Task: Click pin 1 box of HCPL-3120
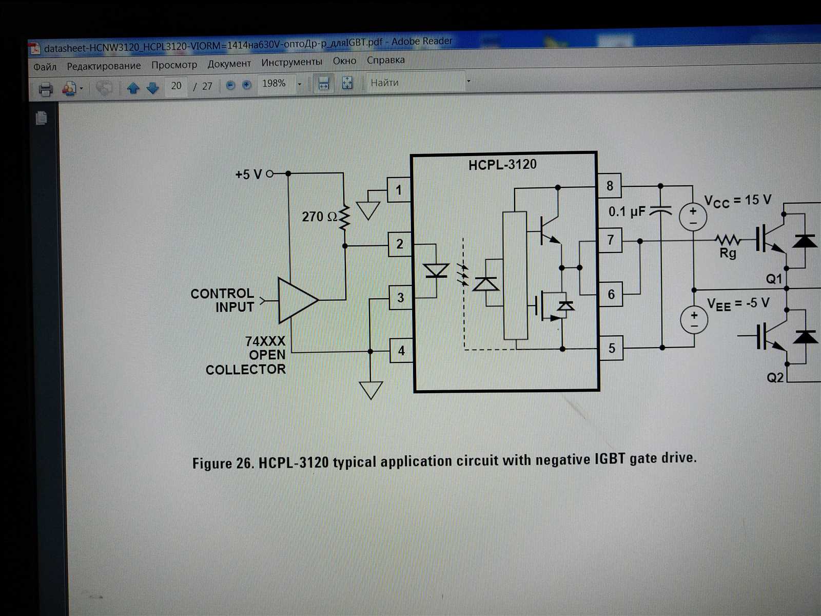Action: [399, 190]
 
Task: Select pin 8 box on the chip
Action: [610, 185]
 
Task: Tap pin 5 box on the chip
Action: [611, 348]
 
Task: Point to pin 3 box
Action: [400, 298]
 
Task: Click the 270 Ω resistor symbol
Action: [344, 218]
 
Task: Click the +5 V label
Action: [248, 175]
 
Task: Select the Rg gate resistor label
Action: [728, 253]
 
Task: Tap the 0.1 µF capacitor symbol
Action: [660, 211]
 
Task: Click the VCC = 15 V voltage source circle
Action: [693, 216]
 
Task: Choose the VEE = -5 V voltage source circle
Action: [694, 320]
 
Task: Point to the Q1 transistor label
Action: [774, 279]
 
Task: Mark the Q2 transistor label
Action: [775, 378]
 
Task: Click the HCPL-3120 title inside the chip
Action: [502, 165]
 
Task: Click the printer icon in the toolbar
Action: [46, 89]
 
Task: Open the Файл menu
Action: [45, 67]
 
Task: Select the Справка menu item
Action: [385, 60]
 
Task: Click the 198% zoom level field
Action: [275, 84]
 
